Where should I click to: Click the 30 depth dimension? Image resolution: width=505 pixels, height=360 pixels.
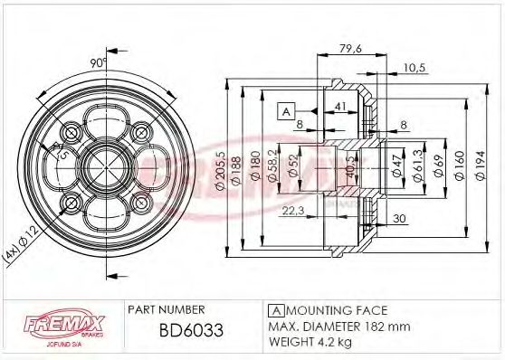pos(399,217)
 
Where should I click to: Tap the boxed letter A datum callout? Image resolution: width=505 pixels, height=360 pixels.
pos(285,111)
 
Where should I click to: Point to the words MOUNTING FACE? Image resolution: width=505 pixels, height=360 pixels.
pos(323,309)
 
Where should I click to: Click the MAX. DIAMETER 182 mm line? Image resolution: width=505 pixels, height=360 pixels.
pos(338,326)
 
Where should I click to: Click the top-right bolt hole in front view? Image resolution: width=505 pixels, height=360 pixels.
pos(141,133)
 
